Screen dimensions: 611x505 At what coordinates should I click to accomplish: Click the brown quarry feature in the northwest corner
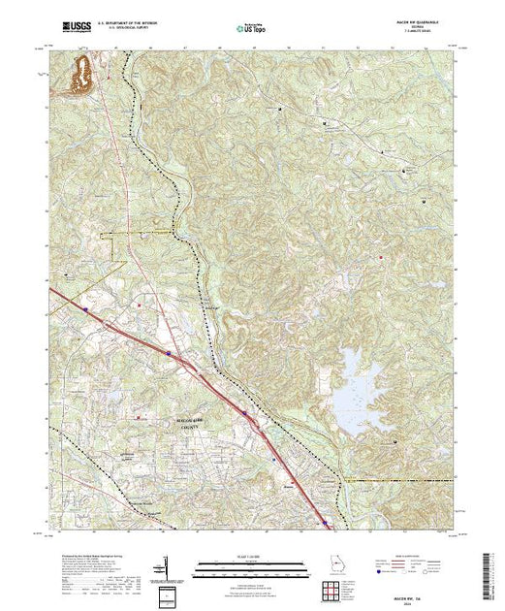point(79,76)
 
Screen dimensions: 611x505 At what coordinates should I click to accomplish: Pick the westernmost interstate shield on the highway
point(86,310)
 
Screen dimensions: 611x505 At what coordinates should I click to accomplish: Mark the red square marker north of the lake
point(382,256)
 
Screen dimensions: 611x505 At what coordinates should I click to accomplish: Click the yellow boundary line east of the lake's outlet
point(397,480)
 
